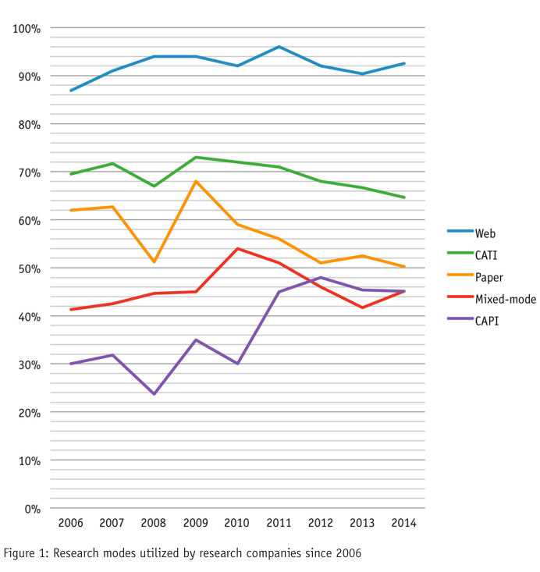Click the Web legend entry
(x=485, y=233)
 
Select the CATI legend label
(x=487, y=254)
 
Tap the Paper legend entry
(x=489, y=276)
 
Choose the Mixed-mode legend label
(x=505, y=299)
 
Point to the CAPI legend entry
(x=487, y=321)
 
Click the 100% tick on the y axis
(x=27, y=29)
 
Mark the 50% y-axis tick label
(x=29, y=268)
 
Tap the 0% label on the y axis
(x=32, y=509)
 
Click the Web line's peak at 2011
(x=279, y=47)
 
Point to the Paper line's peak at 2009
(x=196, y=181)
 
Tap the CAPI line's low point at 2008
(x=154, y=394)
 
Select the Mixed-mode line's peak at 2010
(x=237, y=248)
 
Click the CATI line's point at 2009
(x=196, y=157)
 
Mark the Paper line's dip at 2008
(x=154, y=262)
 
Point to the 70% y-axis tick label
(x=29, y=172)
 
